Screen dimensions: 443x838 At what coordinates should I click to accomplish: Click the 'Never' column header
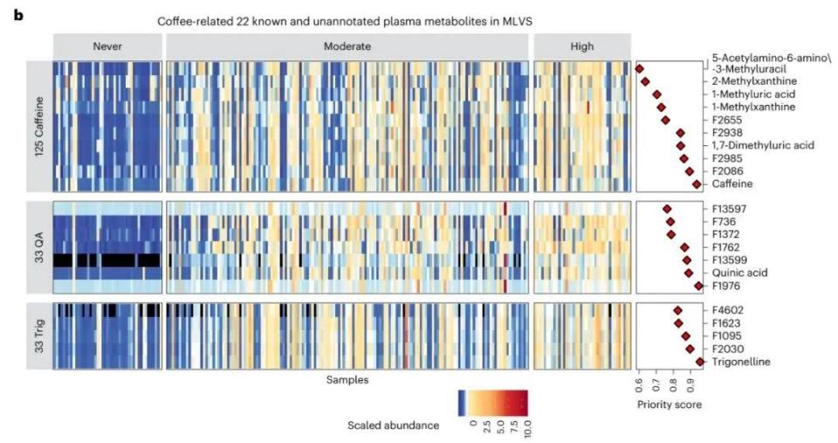[106, 45]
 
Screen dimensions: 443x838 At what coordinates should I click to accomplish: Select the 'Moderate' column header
[347, 45]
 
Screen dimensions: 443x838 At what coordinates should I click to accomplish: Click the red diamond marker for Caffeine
[697, 184]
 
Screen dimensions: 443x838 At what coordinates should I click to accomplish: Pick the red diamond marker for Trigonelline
[699, 362]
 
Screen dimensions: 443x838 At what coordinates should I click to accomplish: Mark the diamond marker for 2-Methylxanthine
[645, 81]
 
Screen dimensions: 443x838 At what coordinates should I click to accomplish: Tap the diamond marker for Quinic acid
[689, 273]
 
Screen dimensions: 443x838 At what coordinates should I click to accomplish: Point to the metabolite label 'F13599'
[731, 260]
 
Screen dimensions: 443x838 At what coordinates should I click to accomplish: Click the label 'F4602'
[728, 310]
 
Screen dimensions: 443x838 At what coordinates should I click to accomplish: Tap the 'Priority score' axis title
[670, 405]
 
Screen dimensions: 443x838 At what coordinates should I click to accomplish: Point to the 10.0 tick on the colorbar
[526, 428]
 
